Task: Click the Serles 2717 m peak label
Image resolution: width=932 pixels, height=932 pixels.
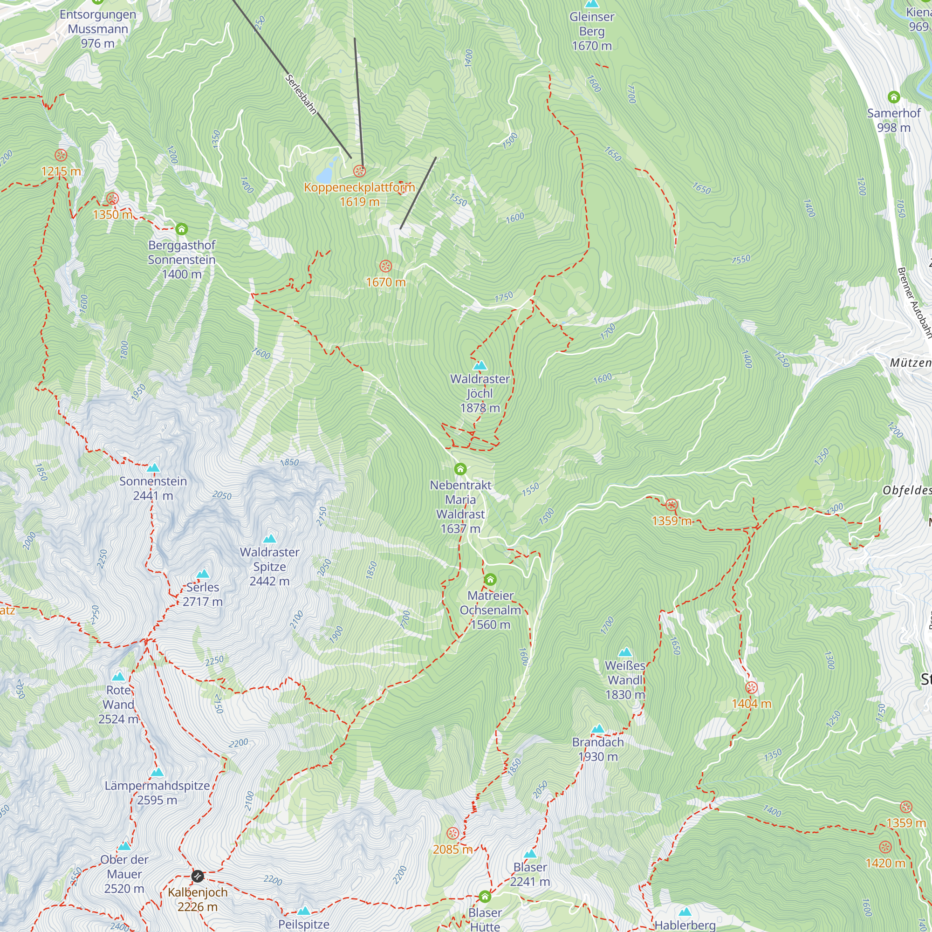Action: click(203, 594)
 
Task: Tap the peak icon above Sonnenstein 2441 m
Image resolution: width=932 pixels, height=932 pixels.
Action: click(153, 467)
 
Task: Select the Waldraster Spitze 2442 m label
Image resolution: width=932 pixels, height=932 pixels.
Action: click(270, 566)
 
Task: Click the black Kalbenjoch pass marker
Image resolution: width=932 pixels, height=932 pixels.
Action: click(197, 876)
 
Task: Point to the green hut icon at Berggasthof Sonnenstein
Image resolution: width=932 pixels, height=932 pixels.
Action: click(181, 229)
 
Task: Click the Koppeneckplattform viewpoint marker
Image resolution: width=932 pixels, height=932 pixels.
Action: click(359, 171)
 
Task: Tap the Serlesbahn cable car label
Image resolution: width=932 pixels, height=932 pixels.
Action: click(301, 95)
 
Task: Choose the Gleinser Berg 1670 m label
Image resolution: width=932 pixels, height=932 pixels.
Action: click(592, 31)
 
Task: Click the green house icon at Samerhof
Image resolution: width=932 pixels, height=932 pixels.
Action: click(894, 97)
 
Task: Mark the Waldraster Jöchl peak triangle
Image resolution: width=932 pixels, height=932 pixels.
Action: click(480, 365)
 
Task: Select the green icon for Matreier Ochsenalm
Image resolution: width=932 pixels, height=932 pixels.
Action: click(490, 579)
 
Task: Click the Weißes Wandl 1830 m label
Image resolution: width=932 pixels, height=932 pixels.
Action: click(625, 680)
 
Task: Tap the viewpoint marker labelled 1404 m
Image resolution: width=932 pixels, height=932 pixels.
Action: click(752, 687)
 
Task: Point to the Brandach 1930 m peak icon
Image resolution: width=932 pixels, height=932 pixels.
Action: click(598, 728)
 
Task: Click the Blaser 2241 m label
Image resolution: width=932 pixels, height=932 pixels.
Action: click(530, 874)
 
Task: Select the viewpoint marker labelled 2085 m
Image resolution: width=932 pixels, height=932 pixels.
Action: click(452, 833)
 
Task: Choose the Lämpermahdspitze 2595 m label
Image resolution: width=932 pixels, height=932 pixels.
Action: click(157, 793)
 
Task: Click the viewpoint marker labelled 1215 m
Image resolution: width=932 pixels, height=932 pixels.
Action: click(61, 155)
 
